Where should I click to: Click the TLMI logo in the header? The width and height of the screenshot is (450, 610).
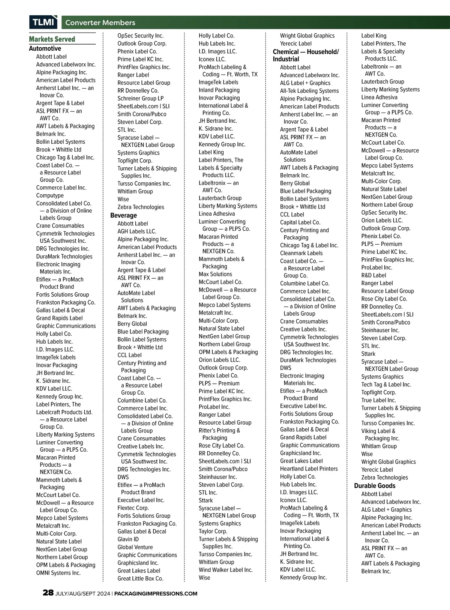(43, 22)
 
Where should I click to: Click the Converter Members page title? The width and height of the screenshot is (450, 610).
(100, 23)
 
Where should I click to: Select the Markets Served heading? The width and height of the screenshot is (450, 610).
(52, 39)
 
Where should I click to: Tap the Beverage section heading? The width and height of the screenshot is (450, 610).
(123, 215)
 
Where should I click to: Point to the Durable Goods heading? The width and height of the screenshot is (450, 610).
(375, 485)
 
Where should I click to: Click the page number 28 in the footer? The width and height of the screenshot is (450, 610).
(48, 593)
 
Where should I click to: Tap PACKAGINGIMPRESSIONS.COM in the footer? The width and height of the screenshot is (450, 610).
(156, 593)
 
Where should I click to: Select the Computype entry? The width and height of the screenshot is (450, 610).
(50, 195)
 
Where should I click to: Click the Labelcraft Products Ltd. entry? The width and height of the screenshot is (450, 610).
(64, 412)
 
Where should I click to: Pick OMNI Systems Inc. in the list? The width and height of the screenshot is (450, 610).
(58, 573)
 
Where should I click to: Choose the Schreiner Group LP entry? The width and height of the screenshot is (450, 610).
(140, 98)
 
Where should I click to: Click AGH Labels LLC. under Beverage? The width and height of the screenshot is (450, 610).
(136, 231)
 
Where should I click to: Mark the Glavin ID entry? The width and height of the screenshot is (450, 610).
(128, 539)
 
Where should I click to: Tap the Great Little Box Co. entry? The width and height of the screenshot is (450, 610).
(140, 578)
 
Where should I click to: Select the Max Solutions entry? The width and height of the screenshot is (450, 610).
(215, 274)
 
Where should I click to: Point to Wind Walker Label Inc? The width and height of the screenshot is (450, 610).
(225, 570)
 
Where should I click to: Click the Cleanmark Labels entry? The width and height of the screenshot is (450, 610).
(301, 253)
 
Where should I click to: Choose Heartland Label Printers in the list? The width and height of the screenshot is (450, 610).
(309, 469)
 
